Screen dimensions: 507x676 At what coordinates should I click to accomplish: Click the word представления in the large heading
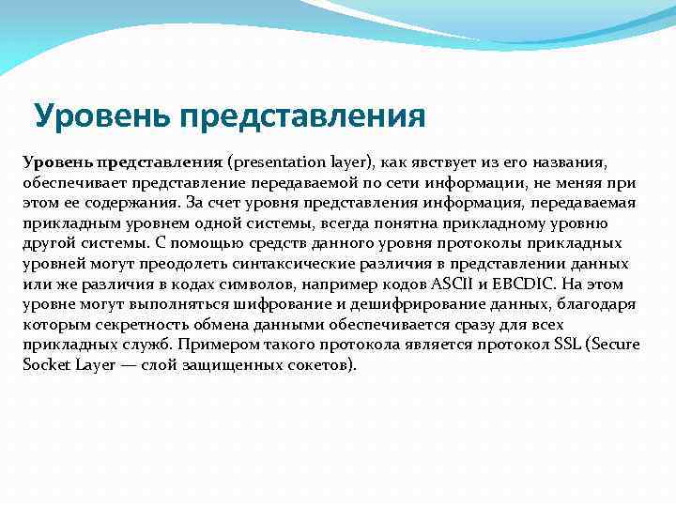[304, 116]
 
